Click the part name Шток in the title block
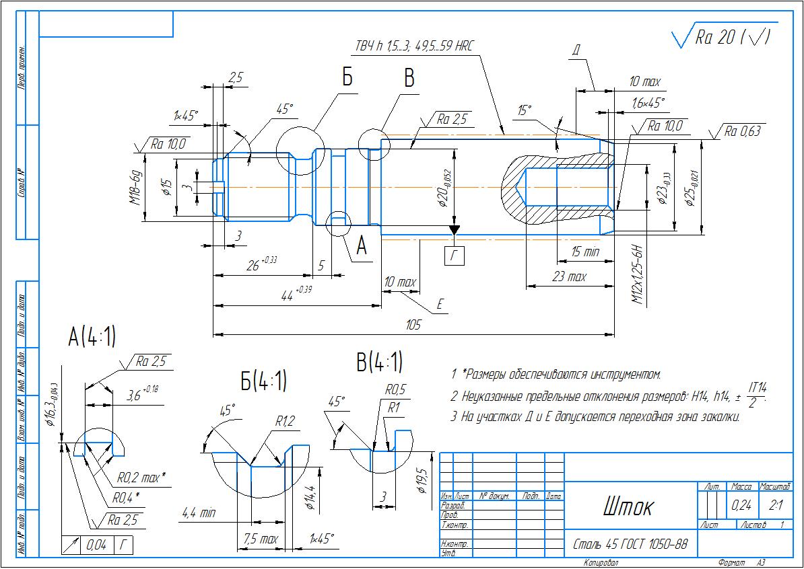point(628,506)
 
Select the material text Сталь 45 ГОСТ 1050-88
point(630,543)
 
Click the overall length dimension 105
point(413,325)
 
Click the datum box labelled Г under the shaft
point(455,255)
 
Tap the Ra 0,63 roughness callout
point(742,132)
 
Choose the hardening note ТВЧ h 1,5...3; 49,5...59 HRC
point(414,46)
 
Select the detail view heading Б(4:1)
point(264,381)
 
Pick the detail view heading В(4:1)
point(379,363)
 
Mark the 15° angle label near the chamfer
point(525,110)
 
